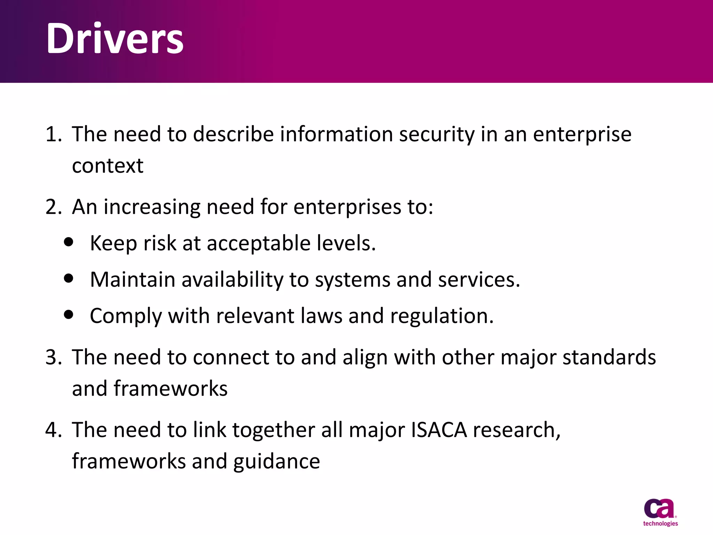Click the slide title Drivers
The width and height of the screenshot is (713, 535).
[115, 38]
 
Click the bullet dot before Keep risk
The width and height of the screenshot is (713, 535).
[69, 242]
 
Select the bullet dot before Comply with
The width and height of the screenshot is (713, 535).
[69, 315]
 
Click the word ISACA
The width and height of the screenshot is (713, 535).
[439, 430]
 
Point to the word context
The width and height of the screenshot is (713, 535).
[108, 166]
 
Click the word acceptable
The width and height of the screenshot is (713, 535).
[259, 243]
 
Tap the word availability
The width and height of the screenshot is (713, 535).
[233, 280]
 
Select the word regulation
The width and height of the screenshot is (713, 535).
[441, 316]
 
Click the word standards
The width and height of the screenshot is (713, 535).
[609, 357]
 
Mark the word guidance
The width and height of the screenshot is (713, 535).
[277, 462]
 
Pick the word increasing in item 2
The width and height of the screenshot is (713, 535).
[152, 208]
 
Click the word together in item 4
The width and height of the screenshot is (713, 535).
[274, 431]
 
